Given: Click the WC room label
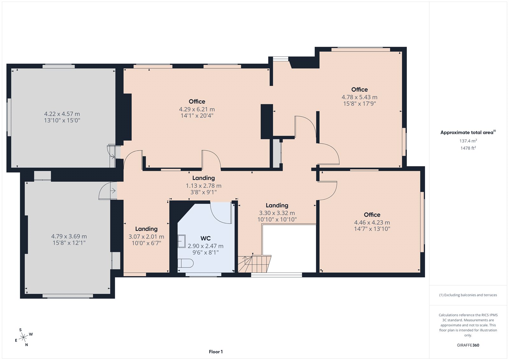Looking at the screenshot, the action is click(206, 238).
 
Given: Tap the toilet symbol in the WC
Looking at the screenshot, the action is click(185, 263).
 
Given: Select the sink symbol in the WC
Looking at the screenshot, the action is click(182, 241).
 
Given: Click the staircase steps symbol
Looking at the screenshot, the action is click(254, 264).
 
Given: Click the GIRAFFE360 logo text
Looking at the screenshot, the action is click(468, 345).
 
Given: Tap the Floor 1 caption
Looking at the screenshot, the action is click(216, 352).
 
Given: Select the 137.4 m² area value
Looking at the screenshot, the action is click(468, 141).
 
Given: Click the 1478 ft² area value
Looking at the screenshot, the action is click(468, 148).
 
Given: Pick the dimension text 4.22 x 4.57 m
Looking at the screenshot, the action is click(62, 114).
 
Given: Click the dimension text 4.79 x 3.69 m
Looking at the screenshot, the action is click(69, 236).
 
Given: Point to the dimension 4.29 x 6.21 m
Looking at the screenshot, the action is click(197, 109).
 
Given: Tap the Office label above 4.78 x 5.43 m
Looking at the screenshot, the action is click(359, 89).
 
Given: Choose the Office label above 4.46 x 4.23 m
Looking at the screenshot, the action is click(372, 215).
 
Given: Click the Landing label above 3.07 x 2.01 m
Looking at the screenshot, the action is click(146, 229).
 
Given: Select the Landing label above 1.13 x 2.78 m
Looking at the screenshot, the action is click(204, 178).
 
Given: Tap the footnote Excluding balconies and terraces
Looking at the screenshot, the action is click(468, 295).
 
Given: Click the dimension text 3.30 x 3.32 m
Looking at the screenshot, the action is click(277, 213).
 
